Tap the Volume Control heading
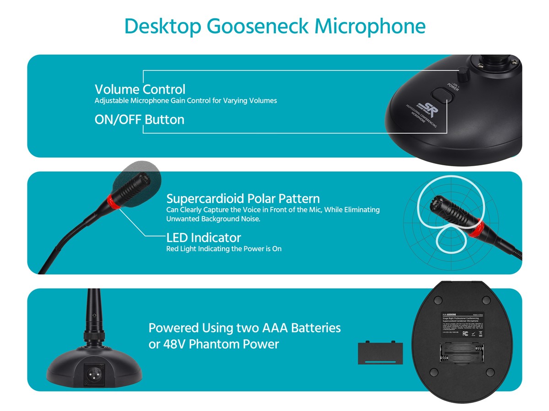140,89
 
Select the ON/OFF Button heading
140,120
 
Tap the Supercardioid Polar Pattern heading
243,199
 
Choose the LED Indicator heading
204,237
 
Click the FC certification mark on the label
465,333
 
